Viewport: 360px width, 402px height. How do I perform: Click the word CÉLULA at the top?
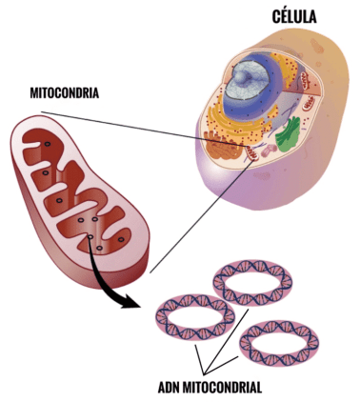[x=295, y=17]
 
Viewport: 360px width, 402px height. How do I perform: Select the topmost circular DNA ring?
[x=252, y=281]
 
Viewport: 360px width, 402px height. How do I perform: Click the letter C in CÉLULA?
[x=276, y=17]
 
